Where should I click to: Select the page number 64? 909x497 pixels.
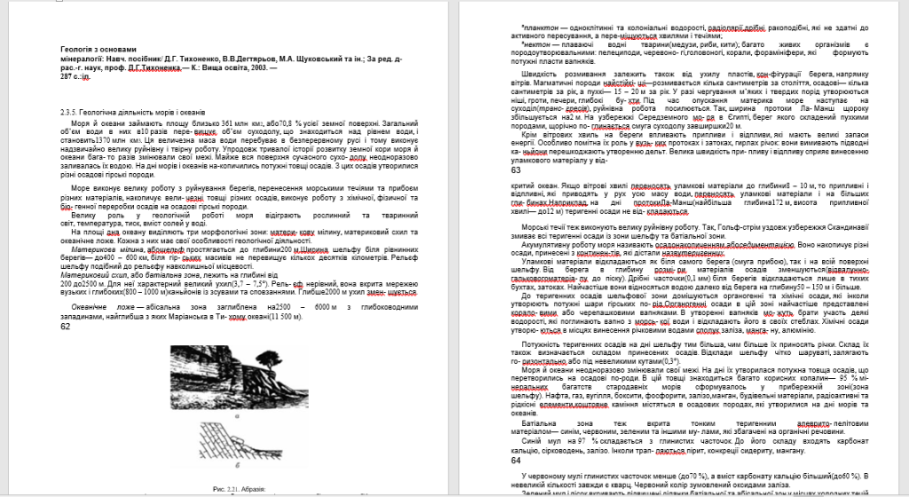click(x=517, y=461)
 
